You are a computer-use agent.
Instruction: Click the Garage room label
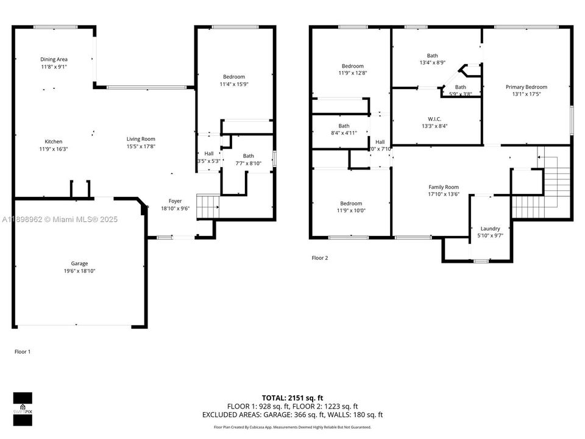79,263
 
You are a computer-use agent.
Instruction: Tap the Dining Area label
54,59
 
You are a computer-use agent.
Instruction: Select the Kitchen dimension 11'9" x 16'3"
54,149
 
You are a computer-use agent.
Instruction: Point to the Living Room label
141,138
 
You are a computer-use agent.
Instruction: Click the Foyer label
175,201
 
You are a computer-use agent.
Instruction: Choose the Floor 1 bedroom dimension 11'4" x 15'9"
233,84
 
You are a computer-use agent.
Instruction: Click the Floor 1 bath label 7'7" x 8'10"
248,163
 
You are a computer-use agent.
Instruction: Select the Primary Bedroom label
526,87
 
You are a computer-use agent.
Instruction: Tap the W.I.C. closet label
434,118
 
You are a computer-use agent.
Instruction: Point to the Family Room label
444,187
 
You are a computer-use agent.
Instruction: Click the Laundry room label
490,229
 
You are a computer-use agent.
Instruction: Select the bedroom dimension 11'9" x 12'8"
352,73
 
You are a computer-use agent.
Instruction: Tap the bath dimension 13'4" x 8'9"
432,63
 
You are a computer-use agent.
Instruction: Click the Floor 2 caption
320,258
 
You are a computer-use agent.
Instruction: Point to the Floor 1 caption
23,352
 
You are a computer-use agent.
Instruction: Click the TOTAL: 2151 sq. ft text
292,397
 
